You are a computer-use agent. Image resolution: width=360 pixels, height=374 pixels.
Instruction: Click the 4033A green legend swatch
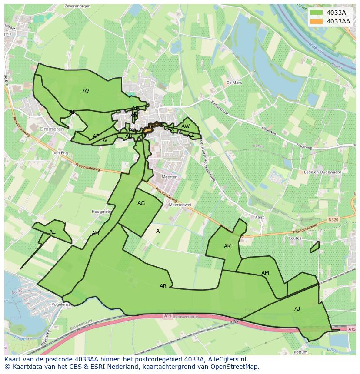(316, 13)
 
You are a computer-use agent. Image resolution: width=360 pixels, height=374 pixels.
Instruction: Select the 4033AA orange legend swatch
(316, 21)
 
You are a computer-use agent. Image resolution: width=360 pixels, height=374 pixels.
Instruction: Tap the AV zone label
(86, 91)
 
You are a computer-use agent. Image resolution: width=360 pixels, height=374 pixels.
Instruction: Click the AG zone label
(141, 203)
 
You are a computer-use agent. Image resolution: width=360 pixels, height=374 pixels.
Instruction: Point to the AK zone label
(227, 246)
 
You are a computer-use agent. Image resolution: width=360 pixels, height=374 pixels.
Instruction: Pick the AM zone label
(265, 273)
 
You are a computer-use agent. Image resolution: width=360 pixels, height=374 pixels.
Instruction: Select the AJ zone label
(297, 309)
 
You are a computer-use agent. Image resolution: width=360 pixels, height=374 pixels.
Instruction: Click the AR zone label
(163, 286)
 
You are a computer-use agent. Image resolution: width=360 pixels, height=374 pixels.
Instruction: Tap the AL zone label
(52, 232)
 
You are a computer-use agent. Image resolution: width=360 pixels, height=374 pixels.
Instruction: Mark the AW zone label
(186, 126)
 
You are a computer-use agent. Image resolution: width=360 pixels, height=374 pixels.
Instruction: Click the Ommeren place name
(52, 129)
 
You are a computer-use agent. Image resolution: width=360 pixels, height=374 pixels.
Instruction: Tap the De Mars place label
(233, 82)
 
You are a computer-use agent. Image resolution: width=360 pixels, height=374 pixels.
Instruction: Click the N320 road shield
(333, 220)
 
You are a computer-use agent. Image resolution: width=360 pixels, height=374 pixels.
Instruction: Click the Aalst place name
(260, 217)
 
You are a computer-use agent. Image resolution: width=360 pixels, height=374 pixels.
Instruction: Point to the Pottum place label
(300, 352)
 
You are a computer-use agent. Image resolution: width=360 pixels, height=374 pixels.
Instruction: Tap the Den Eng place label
(60, 153)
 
